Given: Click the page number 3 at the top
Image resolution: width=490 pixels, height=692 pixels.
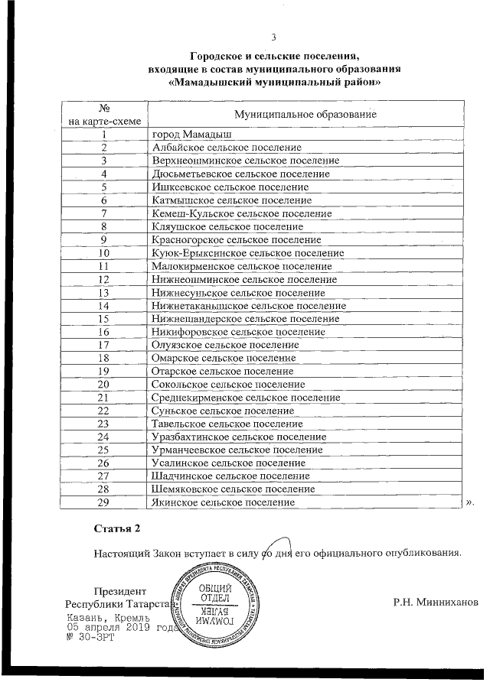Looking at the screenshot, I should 273,37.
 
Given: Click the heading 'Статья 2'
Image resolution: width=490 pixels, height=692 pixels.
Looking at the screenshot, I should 117,528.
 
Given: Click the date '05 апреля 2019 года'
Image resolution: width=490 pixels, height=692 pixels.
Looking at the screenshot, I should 121,627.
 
